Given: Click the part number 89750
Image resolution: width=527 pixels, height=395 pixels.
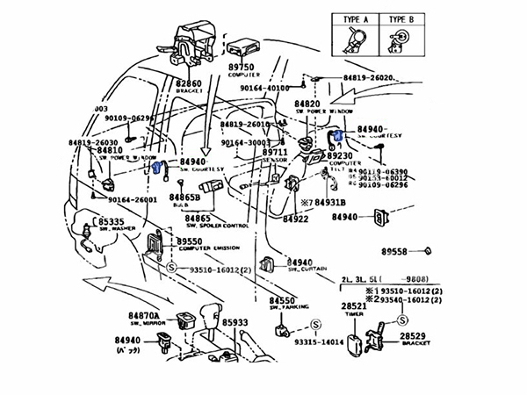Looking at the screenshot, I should [x=242, y=68].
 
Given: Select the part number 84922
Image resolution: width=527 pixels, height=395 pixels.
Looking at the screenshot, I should [x=294, y=219].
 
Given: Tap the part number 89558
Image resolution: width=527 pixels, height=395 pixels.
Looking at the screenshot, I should [x=394, y=252].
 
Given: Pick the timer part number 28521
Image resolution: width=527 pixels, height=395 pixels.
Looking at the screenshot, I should [x=354, y=305].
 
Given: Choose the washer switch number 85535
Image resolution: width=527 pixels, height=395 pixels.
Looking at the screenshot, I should [x=113, y=223].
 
